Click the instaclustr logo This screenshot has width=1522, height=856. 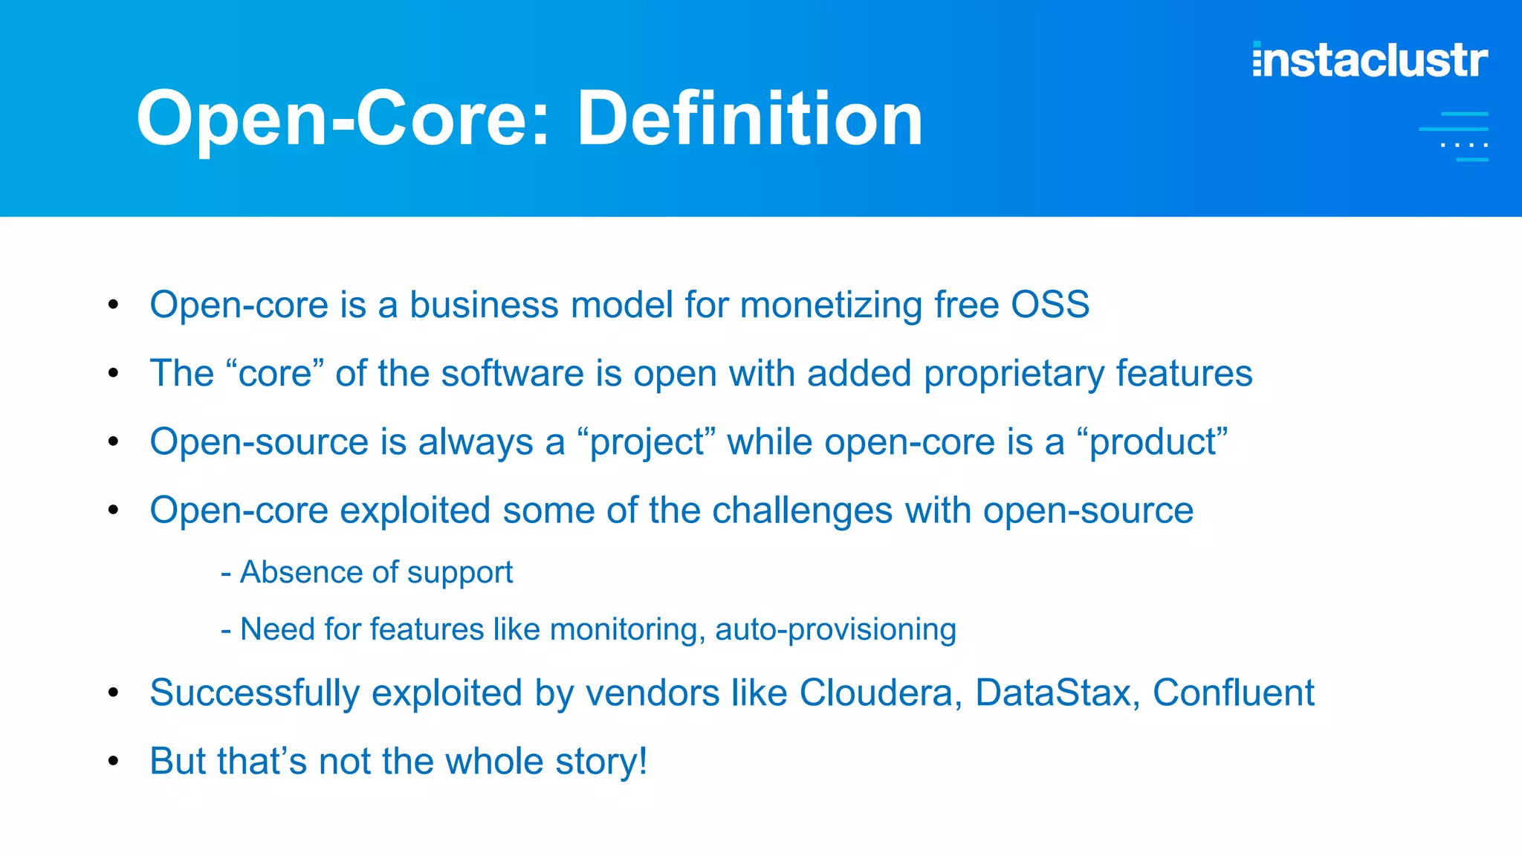point(1370,60)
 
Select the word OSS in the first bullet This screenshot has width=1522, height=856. point(1049,305)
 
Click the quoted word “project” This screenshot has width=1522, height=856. point(646,443)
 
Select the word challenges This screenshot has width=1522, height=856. point(802,511)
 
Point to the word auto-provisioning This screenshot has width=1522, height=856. point(835,630)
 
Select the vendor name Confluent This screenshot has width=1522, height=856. point(1233,693)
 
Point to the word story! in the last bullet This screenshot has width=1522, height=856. point(601,762)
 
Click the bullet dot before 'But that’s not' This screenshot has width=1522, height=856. point(113,761)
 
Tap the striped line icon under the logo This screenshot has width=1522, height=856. point(1454,137)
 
